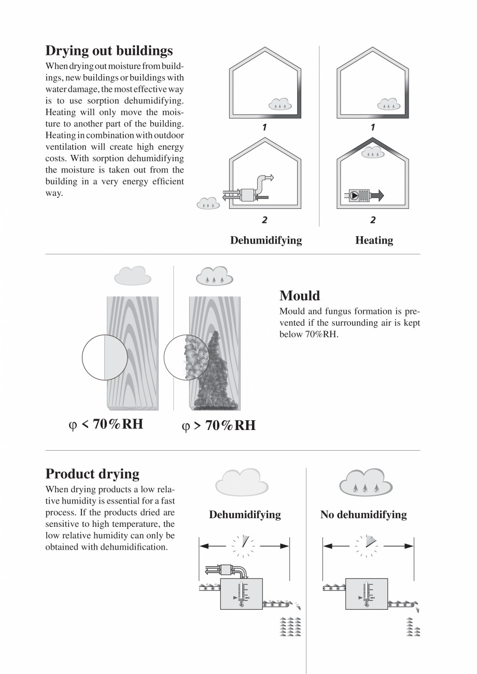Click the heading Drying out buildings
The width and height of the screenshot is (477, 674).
tap(109, 51)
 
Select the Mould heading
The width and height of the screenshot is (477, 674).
tap(300, 296)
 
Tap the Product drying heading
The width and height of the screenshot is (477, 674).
tap(92, 474)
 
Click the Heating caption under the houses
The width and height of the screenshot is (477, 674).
tap(374, 240)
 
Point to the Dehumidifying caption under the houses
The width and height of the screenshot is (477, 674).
tap(265, 240)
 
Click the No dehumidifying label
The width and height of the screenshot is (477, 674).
tap(363, 515)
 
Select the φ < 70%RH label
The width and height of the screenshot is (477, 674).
tap(106, 425)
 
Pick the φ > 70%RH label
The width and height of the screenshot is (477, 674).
tap(218, 426)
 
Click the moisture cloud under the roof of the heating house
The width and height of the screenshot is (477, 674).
tap(372, 152)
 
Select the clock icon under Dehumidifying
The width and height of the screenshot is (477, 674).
tap(243, 546)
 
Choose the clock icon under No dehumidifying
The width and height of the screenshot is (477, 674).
tap(367, 546)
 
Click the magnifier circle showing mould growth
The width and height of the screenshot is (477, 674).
tap(186, 357)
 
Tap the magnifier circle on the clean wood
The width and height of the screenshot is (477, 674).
tap(105, 357)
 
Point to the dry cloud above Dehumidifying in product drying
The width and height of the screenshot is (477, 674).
tap(242, 483)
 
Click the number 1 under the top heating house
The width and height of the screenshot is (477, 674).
tap(373, 127)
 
